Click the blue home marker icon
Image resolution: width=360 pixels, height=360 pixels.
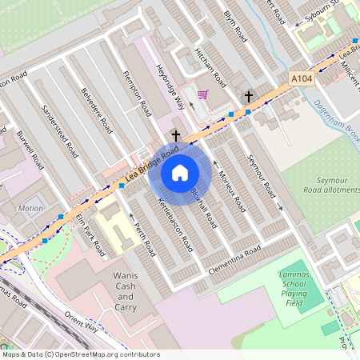[180, 173]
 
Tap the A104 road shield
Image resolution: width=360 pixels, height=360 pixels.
[300, 78]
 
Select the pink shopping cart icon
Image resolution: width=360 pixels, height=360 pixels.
[203, 94]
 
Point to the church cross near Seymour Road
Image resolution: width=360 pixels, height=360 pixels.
[248, 97]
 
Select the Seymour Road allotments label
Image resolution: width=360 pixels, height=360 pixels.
[327, 186]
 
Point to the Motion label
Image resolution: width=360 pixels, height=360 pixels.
[30, 208]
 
